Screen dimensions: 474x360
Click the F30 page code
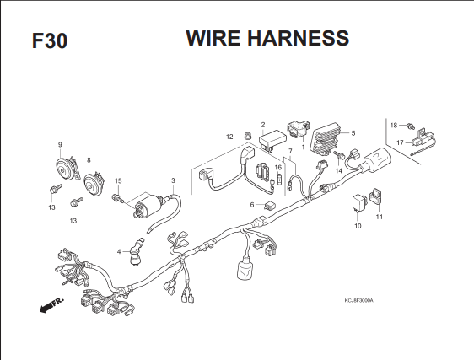[x=50, y=40]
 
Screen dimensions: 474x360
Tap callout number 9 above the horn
[x=60, y=145]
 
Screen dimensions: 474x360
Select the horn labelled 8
[x=94, y=183]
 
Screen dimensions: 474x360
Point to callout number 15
[x=118, y=180]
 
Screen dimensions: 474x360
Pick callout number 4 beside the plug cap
[x=119, y=251]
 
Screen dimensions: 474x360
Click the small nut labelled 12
[x=248, y=136]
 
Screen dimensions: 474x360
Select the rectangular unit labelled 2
[x=272, y=140]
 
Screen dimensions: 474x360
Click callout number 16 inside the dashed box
[x=278, y=168]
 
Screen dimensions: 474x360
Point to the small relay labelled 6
[x=268, y=206]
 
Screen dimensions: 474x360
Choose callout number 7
[x=290, y=151]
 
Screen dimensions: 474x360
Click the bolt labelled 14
[x=340, y=155]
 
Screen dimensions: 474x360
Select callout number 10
[x=358, y=226]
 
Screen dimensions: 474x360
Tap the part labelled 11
[x=376, y=196]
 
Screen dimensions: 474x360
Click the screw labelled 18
[x=411, y=126]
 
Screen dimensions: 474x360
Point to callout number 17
[x=400, y=142]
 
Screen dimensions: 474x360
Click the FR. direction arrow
[x=52, y=305]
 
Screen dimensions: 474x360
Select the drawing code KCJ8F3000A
[x=358, y=300]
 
